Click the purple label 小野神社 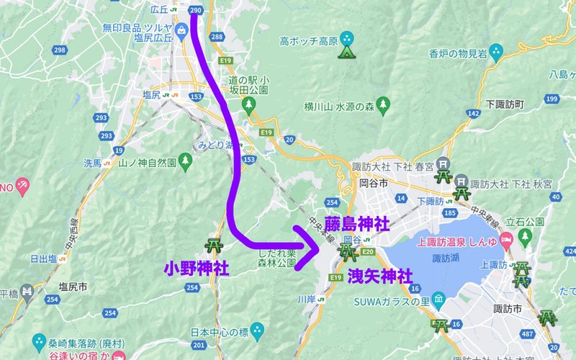197,269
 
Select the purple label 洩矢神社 380,276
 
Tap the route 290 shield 196,10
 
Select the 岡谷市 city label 374,184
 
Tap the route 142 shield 473,113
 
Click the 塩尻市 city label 73,287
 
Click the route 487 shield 528,334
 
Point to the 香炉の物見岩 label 458,53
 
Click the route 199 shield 552,98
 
